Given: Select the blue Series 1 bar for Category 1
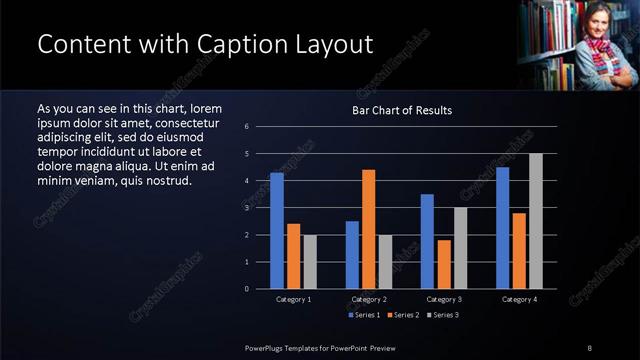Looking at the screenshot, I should (276, 230).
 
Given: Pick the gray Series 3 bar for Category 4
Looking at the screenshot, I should (535, 220).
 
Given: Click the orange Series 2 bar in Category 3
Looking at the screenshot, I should (443, 264).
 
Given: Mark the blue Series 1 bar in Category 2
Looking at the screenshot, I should (352, 254).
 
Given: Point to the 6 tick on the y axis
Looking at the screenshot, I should (260, 126).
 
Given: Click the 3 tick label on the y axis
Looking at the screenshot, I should (260, 208).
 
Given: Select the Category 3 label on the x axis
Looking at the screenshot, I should (443, 299).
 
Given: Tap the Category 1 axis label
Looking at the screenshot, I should (293, 299).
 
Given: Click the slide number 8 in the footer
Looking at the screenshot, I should (589, 347).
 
